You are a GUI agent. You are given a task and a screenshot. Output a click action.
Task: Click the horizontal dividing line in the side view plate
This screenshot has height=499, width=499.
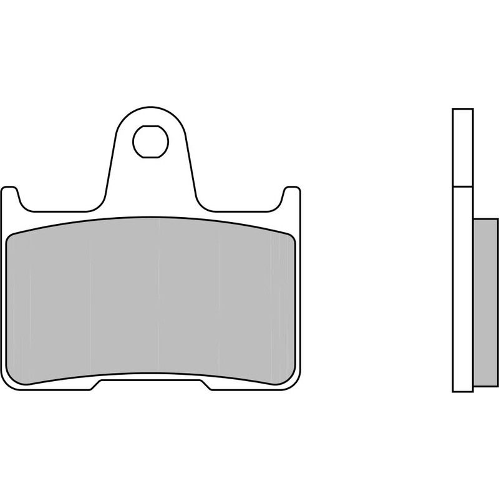point(463,186)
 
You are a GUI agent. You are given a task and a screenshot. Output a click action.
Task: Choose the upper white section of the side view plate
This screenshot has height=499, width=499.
point(463,147)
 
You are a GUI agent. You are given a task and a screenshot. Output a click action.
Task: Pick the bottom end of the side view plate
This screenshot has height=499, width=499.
point(463,391)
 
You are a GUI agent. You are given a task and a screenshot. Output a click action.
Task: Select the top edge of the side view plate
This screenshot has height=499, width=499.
point(463,109)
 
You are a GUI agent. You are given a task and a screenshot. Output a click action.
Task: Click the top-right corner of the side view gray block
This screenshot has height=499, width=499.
point(497,220)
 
